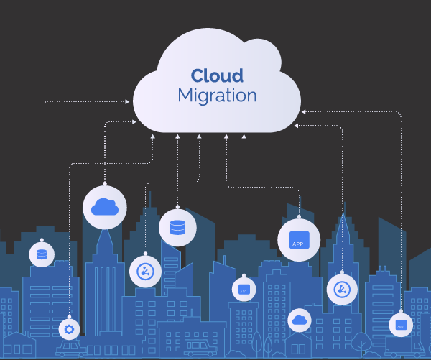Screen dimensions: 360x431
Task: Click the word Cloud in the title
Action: coord(216,75)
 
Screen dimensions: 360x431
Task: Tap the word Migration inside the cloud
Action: coord(216,96)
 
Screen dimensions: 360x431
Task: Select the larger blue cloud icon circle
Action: coord(105,207)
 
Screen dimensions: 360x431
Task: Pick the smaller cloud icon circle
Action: coord(299,320)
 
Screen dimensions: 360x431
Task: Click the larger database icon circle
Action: coord(177,228)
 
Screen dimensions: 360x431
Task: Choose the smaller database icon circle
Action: coord(42,254)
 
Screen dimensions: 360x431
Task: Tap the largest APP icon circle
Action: coord(299,240)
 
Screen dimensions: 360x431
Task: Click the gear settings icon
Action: coord(70,330)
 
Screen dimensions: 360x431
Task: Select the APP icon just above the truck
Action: coord(401,325)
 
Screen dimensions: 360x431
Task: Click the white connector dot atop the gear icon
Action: coord(70,317)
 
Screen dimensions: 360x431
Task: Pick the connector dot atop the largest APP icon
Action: coord(299,217)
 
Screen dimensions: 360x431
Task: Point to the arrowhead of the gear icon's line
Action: coord(153,134)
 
